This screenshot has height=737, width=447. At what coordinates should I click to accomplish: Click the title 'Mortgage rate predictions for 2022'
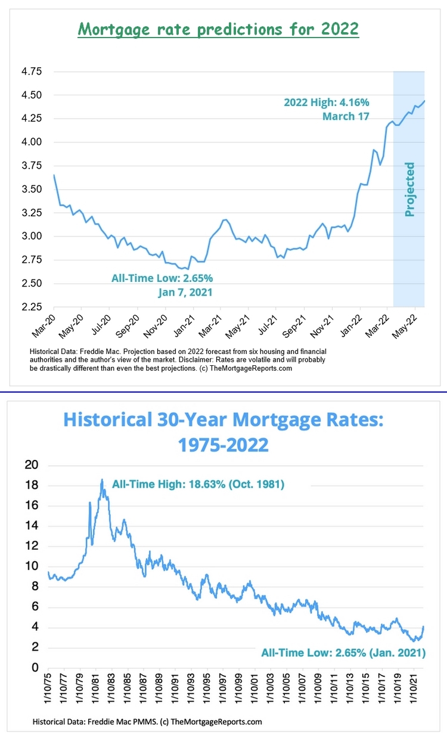pos(219,29)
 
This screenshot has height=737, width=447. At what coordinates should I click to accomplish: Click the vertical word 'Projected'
pos(409,189)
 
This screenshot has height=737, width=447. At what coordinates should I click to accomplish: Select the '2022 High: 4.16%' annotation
pos(325,102)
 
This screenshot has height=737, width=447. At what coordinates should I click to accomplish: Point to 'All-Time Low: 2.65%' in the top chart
pos(162,278)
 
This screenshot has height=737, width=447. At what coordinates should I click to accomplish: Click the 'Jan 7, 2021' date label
pos(185,292)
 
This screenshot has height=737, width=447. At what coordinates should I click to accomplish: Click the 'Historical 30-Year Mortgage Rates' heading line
pos(223,419)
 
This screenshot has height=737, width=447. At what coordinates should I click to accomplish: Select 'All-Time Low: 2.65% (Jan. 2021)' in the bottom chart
pos(343,653)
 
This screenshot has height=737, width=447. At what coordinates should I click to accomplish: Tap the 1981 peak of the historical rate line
pos(102,480)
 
